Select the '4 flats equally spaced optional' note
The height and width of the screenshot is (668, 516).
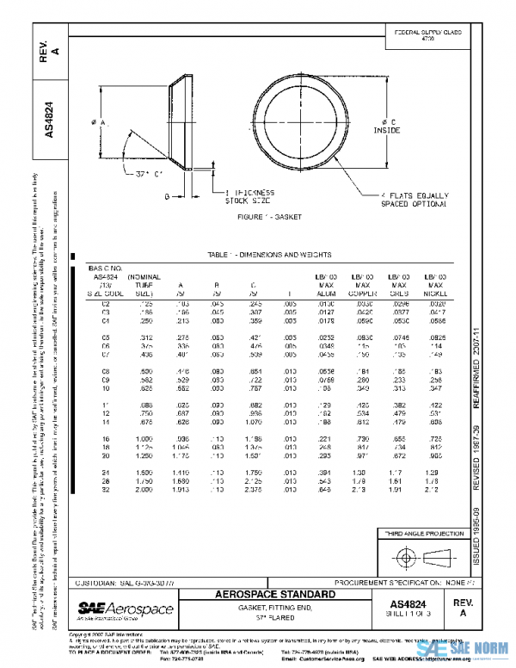413,200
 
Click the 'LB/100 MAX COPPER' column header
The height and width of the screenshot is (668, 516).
365,283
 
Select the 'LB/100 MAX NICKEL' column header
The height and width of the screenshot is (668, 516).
436,283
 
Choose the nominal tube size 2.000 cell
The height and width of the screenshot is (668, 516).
144,491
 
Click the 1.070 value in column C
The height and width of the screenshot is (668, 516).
254,423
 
